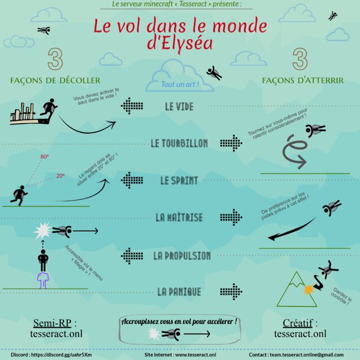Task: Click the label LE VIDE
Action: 179,106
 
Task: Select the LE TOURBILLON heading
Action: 179,143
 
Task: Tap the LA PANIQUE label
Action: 179,292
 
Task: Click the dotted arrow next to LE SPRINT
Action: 132,180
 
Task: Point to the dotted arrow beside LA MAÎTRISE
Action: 231,217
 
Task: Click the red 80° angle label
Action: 44,157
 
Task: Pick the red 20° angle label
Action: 61,176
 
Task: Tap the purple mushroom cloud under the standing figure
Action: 43,281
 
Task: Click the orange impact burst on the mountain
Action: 308,290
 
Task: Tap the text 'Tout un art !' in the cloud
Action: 180,84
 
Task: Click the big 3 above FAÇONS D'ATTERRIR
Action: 300,59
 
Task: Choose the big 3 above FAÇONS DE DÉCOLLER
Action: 55,59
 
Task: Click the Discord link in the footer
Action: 61,355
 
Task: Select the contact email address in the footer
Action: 307,355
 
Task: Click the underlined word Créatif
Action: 298,323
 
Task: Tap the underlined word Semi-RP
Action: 52,323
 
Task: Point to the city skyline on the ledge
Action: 22,112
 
